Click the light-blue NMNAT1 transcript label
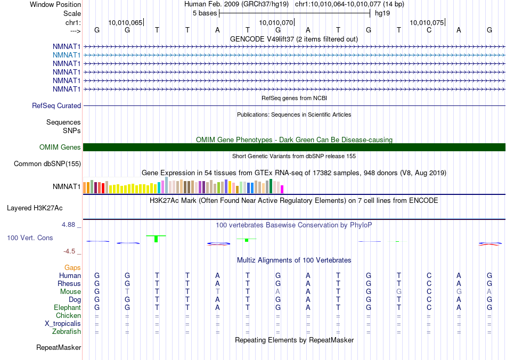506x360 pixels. pos(67,55)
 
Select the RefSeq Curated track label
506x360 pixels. pos(56,106)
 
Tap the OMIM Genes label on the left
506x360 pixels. pos(60,148)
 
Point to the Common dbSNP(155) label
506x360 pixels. pos(47,164)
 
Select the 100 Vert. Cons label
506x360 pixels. pos(30,238)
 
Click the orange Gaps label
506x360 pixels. pos(72,267)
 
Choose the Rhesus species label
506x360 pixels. pos(69,284)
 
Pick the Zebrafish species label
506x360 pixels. pos(67,332)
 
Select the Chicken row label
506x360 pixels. pos(68,316)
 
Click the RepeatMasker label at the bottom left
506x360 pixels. pos(59,348)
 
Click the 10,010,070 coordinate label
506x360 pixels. pos(276,22)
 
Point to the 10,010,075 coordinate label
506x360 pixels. pos(427,22)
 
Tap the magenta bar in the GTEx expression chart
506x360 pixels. pos(282,189)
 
